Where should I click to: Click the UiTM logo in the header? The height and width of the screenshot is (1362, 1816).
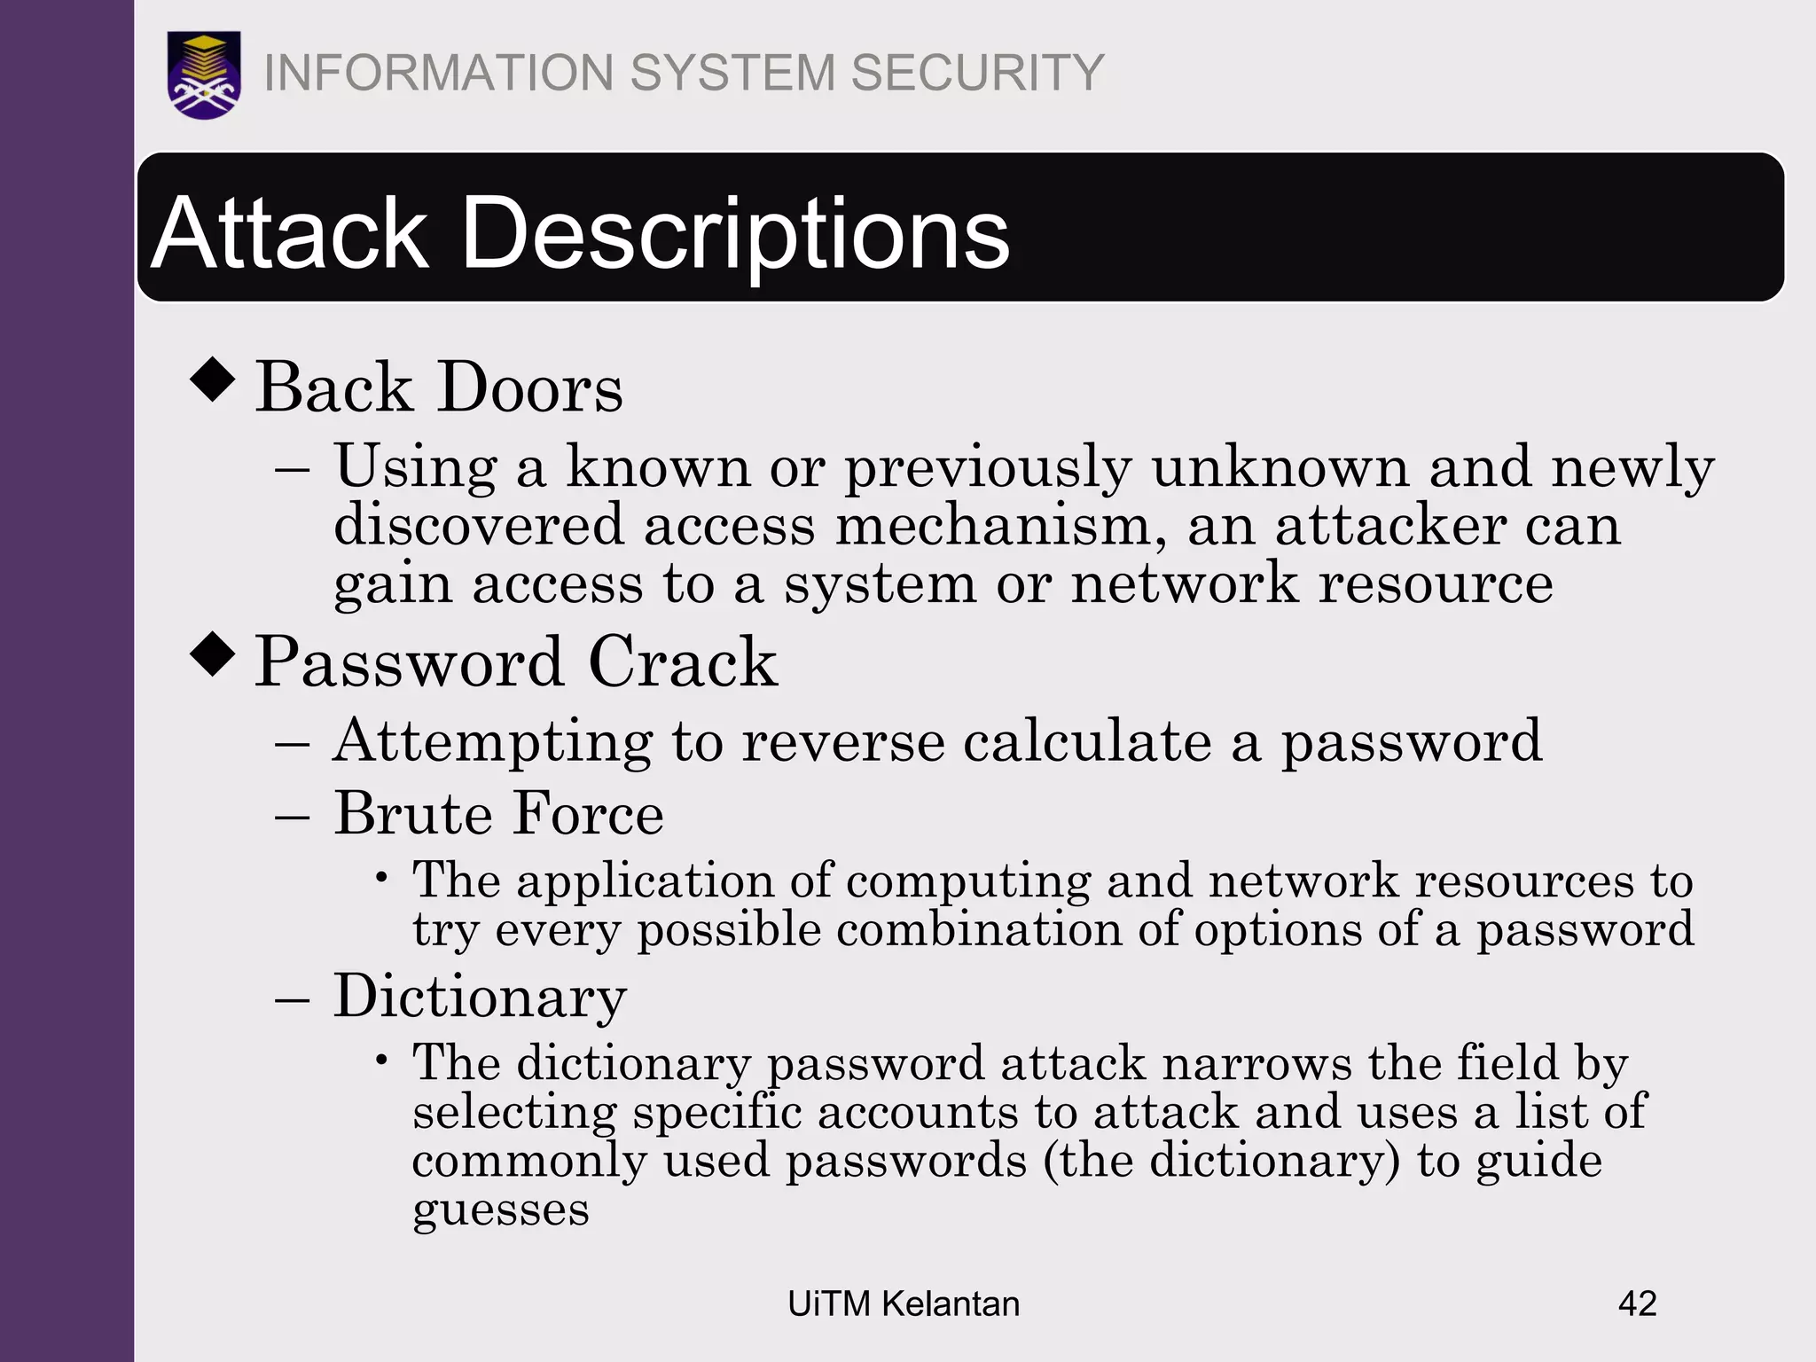point(204,74)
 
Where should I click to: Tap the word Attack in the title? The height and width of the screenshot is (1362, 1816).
point(290,233)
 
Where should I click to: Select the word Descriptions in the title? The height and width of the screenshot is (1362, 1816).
point(735,233)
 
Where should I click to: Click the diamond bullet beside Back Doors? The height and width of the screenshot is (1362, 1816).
point(213,380)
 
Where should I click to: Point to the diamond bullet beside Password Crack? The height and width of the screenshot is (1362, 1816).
point(213,654)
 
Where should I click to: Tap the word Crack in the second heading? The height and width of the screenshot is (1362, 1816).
point(683,662)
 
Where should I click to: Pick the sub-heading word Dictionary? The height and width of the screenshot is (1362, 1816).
point(480,997)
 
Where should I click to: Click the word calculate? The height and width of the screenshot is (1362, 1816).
point(1087,740)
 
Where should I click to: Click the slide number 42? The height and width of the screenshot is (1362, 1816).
point(1637,1303)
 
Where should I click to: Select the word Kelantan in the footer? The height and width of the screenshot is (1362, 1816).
point(951,1303)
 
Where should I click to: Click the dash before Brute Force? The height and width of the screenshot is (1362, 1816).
point(292,815)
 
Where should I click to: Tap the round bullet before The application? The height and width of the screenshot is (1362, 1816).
point(381,878)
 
